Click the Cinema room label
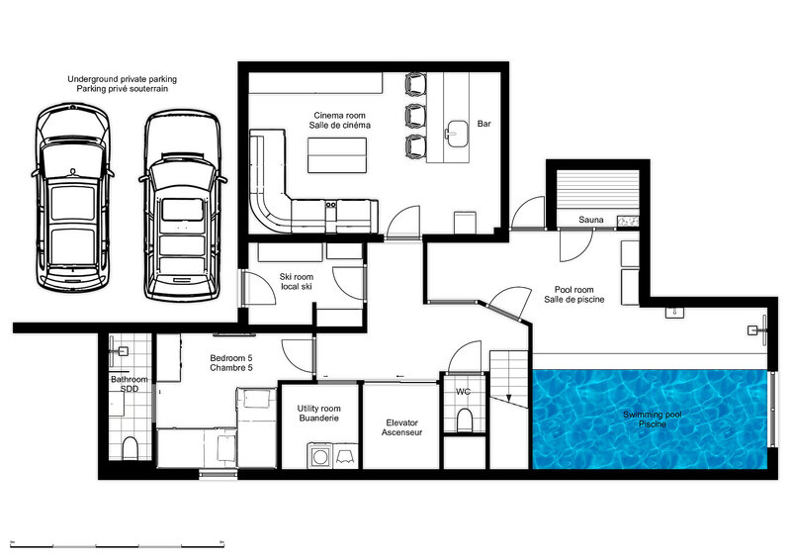click(x=339, y=120)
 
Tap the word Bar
click(x=483, y=124)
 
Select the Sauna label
click(x=590, y=220)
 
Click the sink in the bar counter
click(x=458, y=134)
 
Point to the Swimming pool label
click(x=653, y=420)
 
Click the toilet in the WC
click(x=464, y=420)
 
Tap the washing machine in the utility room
click(x=319, y=456)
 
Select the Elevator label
click(x=401, y=427)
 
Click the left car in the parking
click(x=72, y=197)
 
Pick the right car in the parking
click(x=183, y=206)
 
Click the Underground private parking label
click(x=122, y=84)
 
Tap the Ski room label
click(x=296, y=282)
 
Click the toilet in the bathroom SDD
click(x=131, y=448)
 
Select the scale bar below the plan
click(x=117, y=546)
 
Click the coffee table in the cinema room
click(x=337, y=154)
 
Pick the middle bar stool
click(x=415, y=116)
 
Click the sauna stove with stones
click(x=628, y=221)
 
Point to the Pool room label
click(x=574, y=295)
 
